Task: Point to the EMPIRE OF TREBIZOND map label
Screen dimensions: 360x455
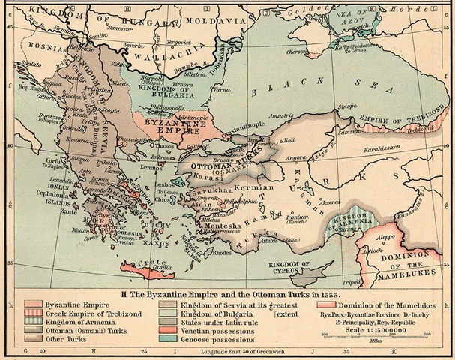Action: click(x=392, y=119)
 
